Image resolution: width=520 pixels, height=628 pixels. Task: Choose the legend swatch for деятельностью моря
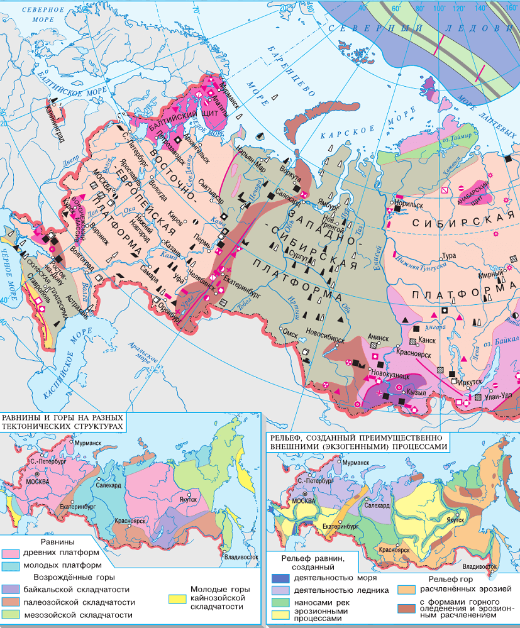coord(280,577)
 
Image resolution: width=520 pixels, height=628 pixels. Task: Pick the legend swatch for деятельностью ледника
coord(280,590)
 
